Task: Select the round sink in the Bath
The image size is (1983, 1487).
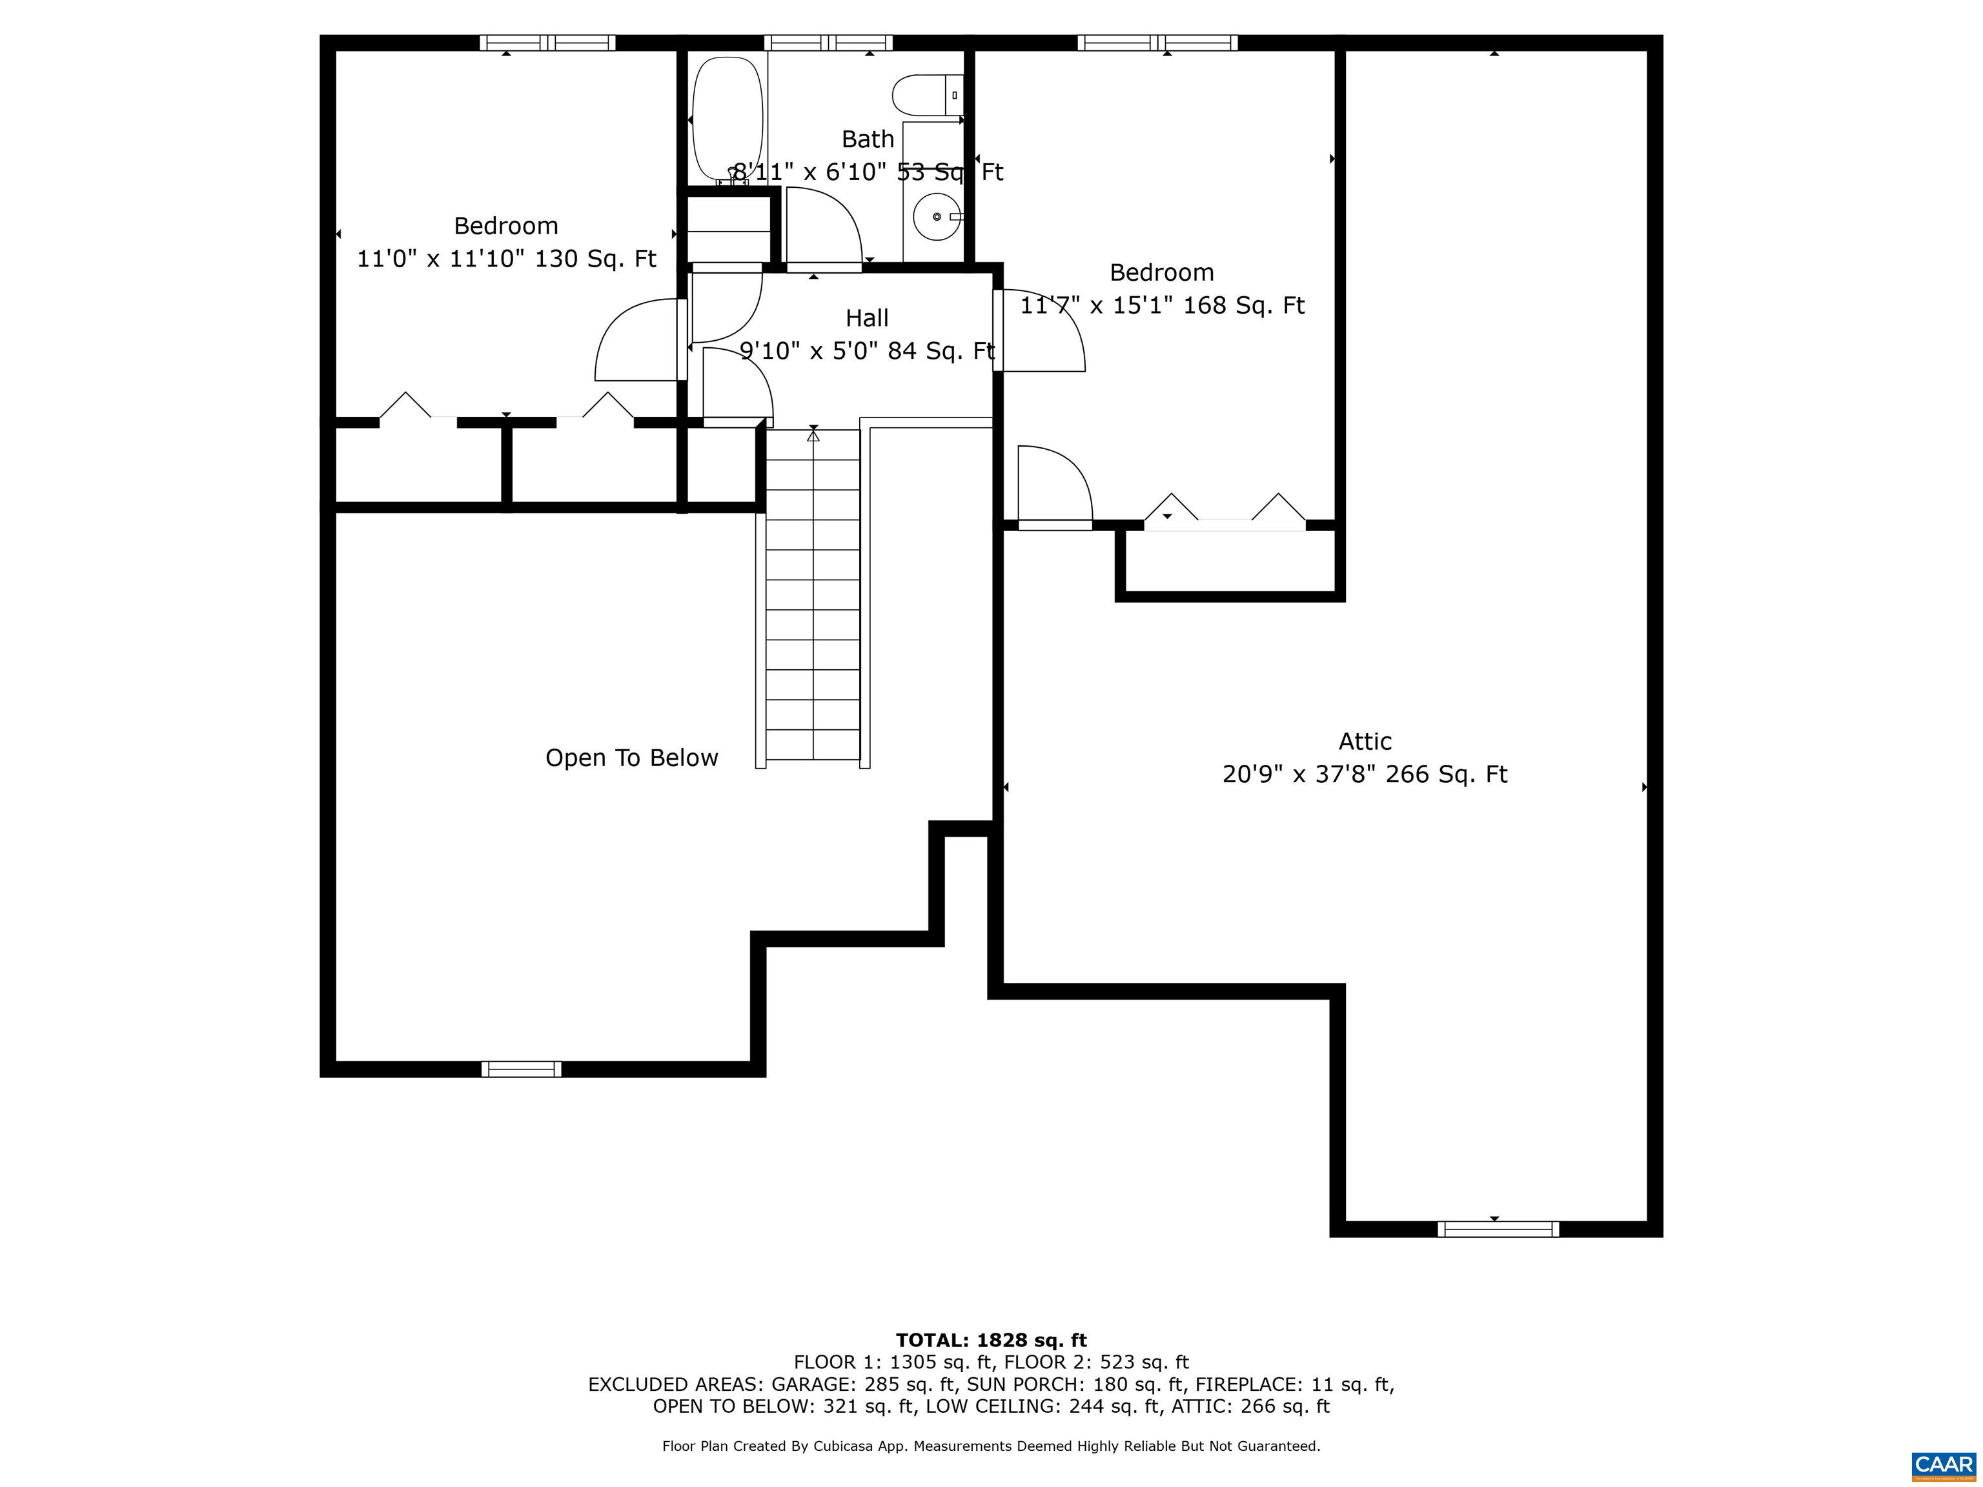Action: [x=936, y=217]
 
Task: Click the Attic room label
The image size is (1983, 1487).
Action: [x=1365, y=742]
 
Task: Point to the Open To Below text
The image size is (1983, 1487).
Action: [x=631, y=758]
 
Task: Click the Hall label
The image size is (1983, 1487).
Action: [x=867, y=318]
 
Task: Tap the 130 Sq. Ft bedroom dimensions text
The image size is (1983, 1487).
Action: [x=507, y=259]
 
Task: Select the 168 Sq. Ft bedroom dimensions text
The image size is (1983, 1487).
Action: [x=1162, y=306]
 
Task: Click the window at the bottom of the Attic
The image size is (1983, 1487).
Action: [x=1498, y=1229]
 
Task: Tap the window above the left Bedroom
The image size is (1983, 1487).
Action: [x=547, y=42]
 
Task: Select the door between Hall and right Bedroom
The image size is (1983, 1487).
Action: [x=1040, y=332]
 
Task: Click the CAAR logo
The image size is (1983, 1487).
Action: [x=1943, y=1464]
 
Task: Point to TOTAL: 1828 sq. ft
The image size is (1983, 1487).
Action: [x=991, y=1340]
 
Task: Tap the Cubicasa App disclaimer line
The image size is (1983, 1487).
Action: [x=991, y=1446]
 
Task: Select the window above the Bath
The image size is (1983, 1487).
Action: [x=828, y=42]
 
